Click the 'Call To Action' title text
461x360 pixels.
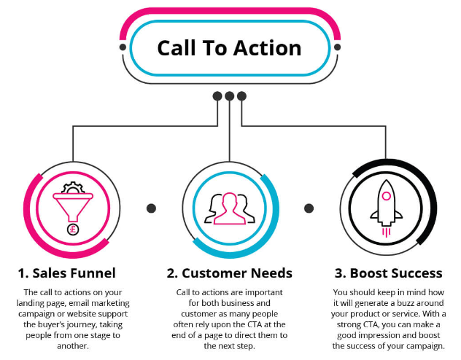229,48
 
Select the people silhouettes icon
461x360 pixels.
230,208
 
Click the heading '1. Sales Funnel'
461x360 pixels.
67,273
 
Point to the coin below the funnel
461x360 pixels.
72,230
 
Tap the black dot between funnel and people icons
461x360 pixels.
151,208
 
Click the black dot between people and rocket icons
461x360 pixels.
309,208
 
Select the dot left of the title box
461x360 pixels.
123,47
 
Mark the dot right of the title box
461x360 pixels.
337,47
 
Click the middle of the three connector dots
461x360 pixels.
229,95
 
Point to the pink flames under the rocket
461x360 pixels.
386,232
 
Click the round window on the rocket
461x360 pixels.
386,196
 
